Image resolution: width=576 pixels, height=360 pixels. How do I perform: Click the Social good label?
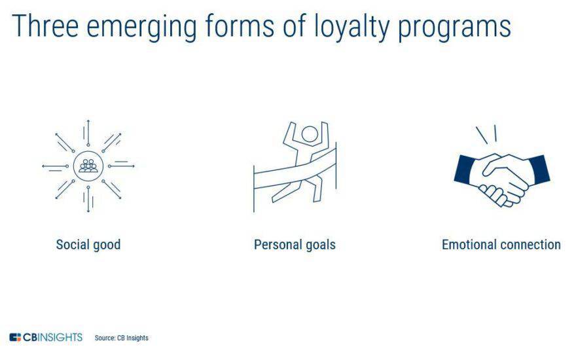88,245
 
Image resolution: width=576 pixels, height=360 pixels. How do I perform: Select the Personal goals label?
295,245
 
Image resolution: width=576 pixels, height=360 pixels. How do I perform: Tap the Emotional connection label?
501,245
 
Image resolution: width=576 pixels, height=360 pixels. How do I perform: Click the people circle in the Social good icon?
88,166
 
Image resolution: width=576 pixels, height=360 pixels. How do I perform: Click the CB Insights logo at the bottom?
46,337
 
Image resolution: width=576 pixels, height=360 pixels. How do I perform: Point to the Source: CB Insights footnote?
122,338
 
